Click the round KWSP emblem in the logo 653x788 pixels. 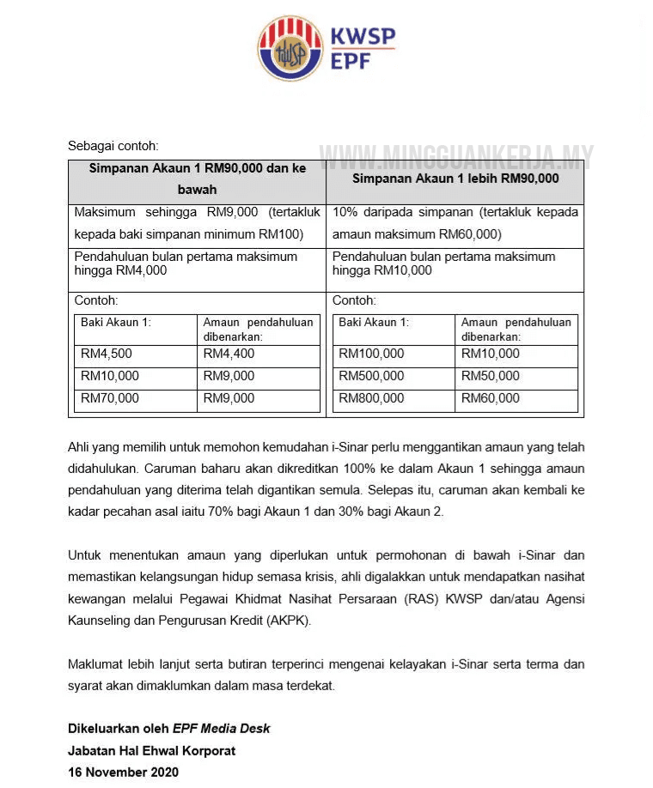(290, 48)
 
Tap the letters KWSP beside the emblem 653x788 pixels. (363, 37)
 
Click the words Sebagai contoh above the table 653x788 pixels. (113, 146)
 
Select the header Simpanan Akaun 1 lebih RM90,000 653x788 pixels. (455, 179)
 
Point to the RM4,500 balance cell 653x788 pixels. (107, 354)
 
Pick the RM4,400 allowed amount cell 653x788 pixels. (229, 354)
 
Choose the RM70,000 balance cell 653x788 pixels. (110, 398)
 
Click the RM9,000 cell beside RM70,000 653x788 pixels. (229, 398)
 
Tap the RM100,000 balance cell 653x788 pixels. (371, 354)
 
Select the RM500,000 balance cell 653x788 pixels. (371, 376)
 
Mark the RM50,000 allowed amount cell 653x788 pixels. (491, 376)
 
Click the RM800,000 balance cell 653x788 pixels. (371, 398)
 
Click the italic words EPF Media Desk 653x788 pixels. (222, 728)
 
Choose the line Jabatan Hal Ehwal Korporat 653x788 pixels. (151, 750)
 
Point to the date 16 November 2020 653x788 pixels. (124, 772)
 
